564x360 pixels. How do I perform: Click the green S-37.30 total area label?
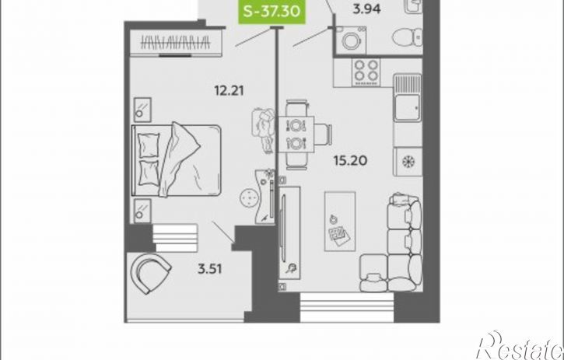272,12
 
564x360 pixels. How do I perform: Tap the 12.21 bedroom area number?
229,90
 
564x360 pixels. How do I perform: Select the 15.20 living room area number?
350,160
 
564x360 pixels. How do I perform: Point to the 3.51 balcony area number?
209,269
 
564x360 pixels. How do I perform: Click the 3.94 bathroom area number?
366,9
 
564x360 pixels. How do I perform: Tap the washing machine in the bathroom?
349,40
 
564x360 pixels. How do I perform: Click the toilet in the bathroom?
407,37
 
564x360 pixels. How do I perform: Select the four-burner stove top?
366,72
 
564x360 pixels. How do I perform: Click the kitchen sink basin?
407,98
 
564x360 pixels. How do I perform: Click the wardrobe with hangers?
175,43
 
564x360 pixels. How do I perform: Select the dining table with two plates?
296,135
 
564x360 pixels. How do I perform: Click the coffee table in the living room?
340,221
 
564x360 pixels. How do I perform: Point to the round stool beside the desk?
249,198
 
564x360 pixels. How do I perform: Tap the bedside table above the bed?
142,110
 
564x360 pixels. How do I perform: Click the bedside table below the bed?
142,211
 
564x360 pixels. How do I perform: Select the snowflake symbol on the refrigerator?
408,162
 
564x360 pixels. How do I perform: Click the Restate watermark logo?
520,345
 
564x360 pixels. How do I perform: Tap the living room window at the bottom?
347,307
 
